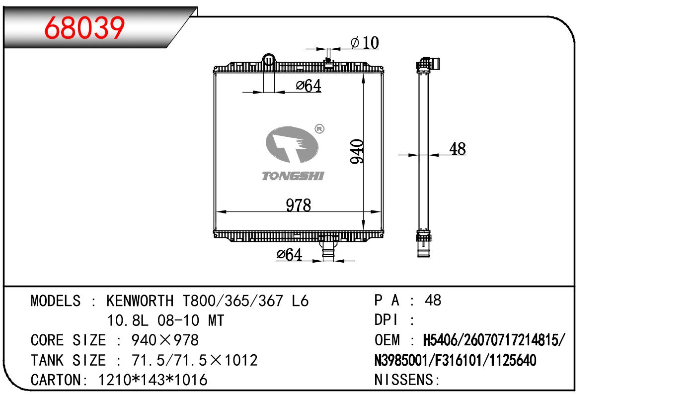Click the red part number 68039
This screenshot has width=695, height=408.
(84, 28)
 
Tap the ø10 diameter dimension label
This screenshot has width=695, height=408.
(365, 43)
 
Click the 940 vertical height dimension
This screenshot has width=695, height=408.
(357, 151)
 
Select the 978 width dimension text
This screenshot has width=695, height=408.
(298, 205)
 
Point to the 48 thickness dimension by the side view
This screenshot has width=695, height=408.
(458, 149)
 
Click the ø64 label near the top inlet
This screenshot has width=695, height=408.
(309, 86)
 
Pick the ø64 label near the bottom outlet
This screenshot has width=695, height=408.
(289, 254)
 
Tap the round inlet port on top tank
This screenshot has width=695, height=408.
(269, 59)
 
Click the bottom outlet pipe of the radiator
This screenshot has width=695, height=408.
(328, 251)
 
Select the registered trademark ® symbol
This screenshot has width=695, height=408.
(319, 129)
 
